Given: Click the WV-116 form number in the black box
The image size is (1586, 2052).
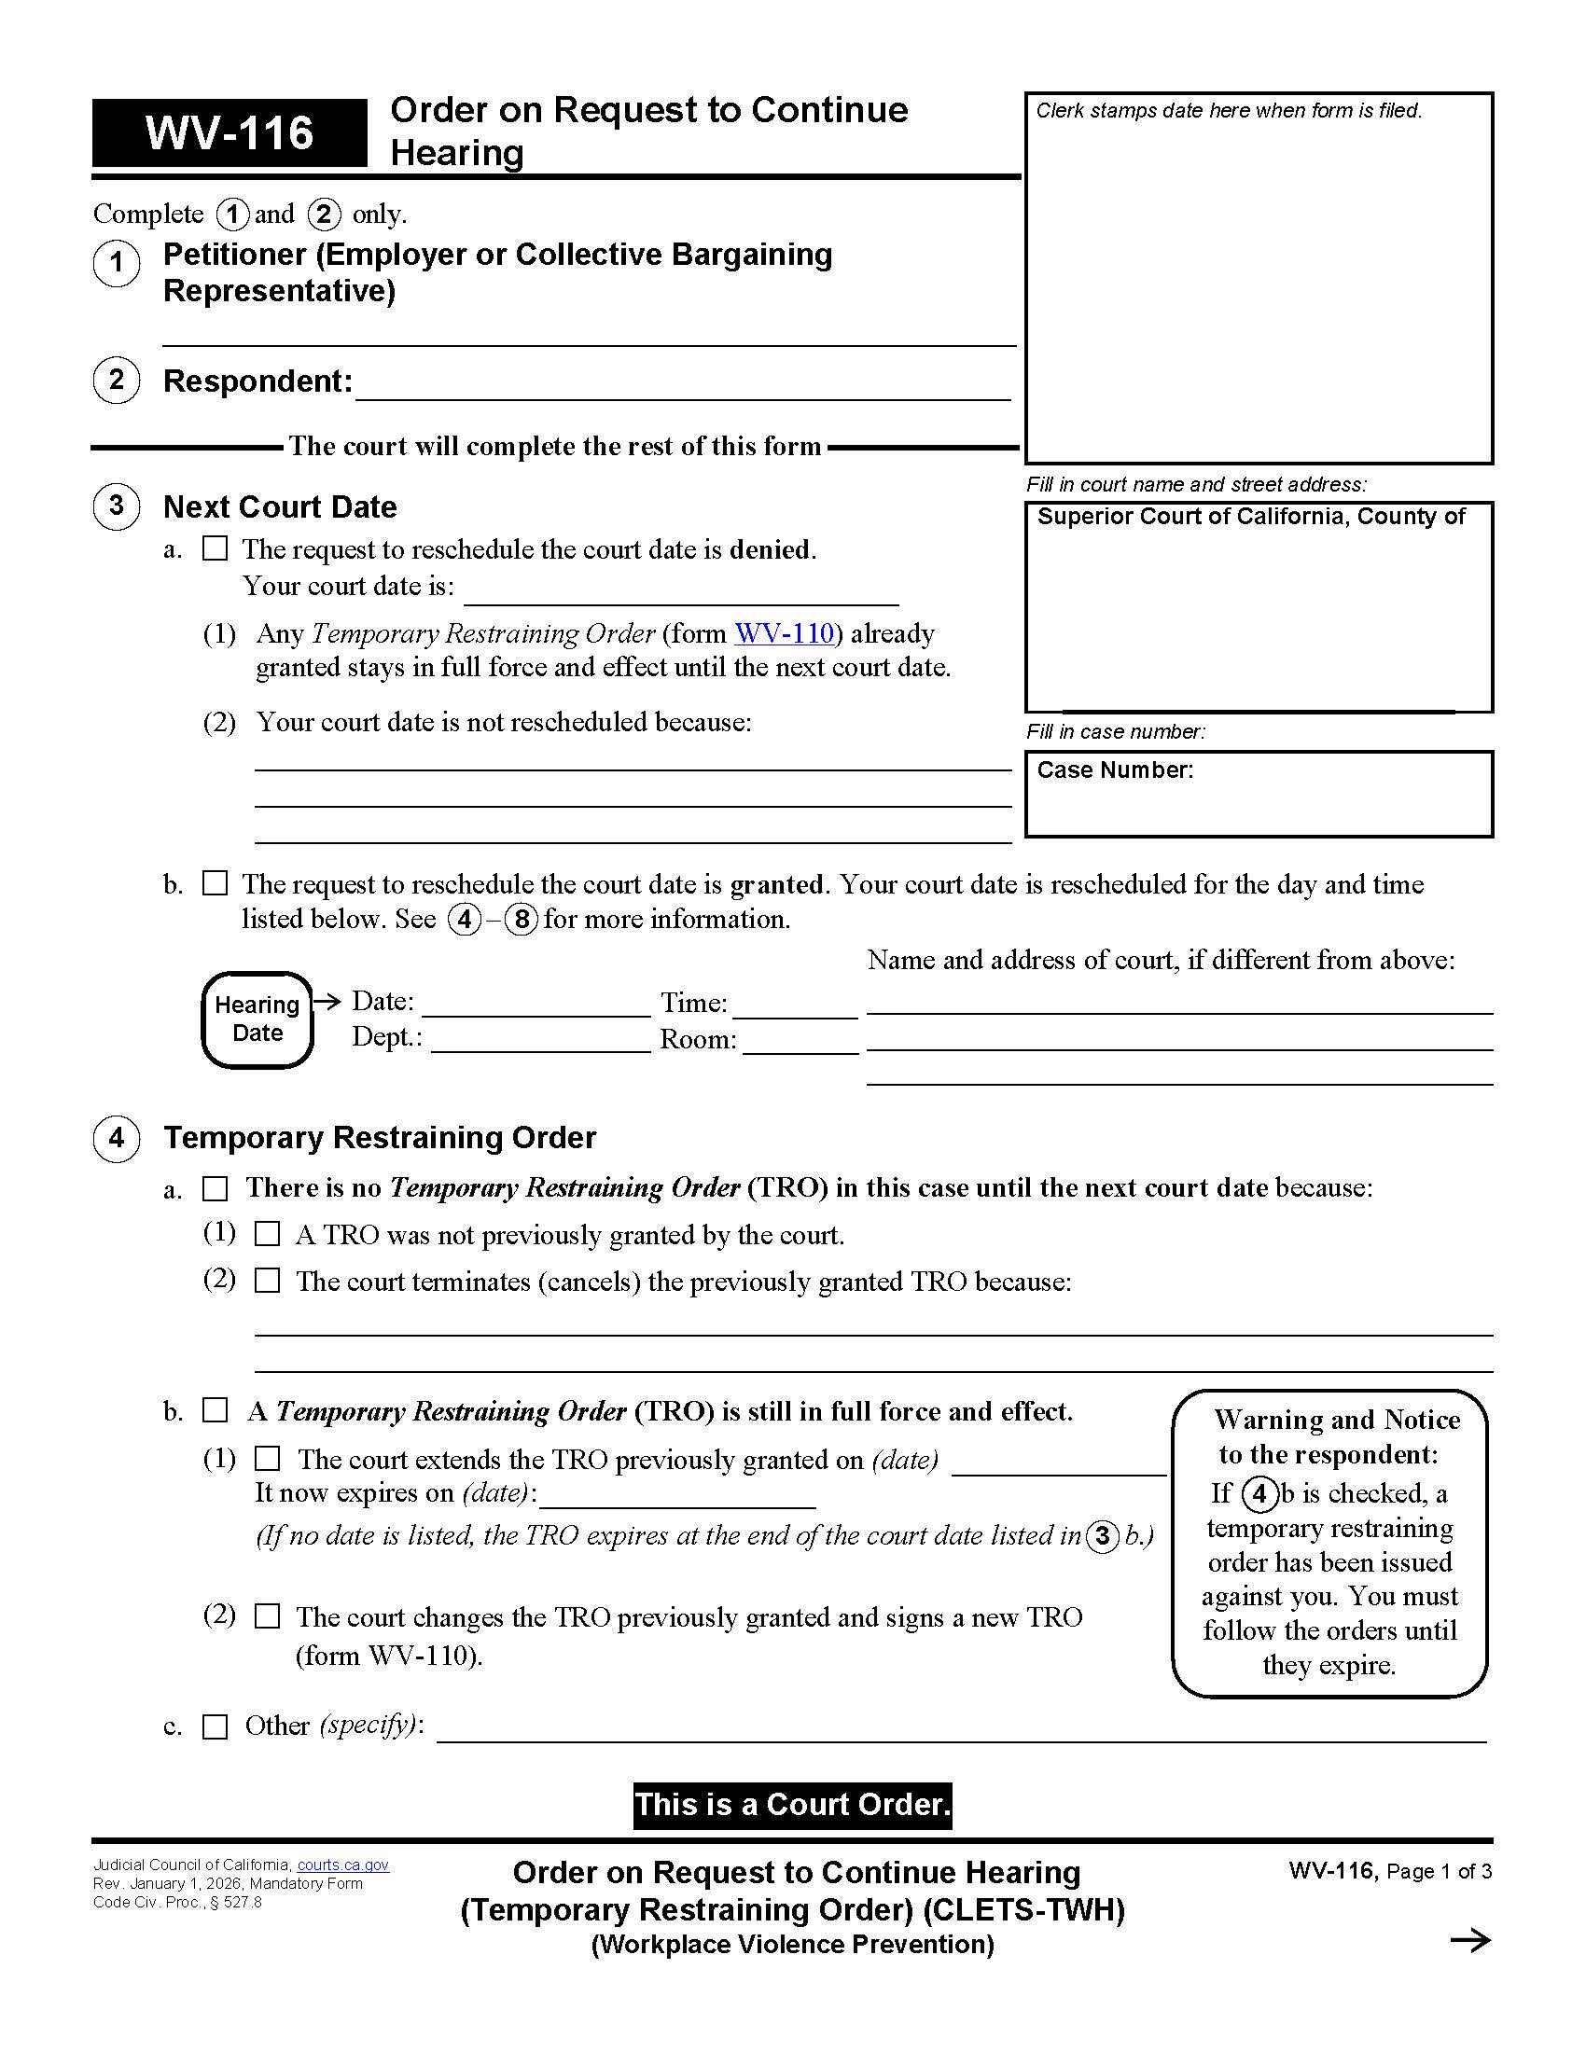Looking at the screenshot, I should (230, 132).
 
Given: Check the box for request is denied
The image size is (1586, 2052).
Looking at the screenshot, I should (216, 548).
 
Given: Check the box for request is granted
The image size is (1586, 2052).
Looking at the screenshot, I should (216, 883).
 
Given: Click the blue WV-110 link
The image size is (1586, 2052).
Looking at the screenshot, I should (785, 633).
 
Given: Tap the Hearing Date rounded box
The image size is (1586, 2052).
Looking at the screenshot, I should (257, 1019).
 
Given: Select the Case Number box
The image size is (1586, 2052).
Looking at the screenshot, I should (1259, 794).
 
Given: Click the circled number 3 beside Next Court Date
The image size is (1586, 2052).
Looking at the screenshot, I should (117, 506).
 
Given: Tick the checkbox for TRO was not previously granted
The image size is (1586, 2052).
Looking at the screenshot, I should (268, 1234).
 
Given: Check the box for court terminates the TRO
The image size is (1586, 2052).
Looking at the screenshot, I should (268, 1281).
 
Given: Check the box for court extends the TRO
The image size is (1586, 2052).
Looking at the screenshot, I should (268, 1458).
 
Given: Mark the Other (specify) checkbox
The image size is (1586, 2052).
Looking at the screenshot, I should (216, 1726).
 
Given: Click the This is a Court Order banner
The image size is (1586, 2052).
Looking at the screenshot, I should (792, 1805).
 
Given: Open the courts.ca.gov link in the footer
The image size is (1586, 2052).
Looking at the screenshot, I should (343, 1865).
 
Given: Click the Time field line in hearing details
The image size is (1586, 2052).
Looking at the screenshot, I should (795, 1005).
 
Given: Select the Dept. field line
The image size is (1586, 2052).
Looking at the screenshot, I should (540, 1041).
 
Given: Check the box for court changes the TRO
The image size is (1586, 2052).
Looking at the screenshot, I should (268, 1616).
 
